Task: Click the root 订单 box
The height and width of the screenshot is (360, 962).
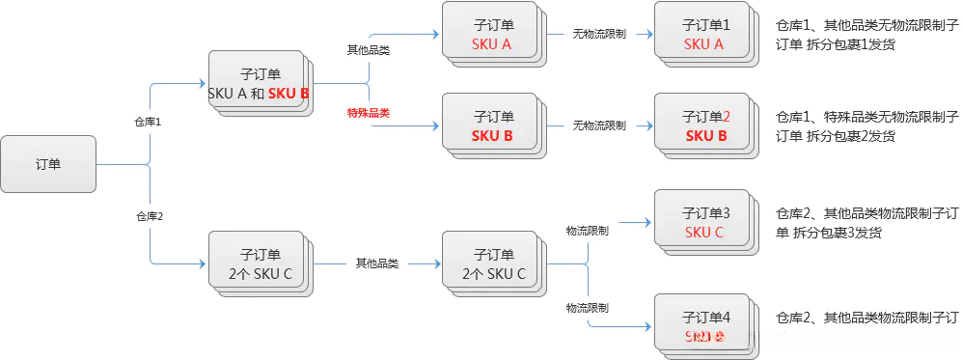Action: click(47, 163)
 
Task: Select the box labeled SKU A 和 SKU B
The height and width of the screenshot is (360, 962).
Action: click(258, 82)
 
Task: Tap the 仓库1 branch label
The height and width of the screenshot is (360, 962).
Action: click(148, 123)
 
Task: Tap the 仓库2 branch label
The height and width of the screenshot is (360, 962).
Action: click(149, 215)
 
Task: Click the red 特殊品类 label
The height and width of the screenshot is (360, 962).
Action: click(369, 113)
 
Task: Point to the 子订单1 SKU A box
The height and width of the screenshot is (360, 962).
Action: click(703, 34)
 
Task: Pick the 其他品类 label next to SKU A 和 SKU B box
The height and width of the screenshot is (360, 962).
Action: click(368, 49)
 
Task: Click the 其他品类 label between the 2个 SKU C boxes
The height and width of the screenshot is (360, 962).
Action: click(376, 263)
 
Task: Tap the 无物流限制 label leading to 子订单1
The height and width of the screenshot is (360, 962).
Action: click(599, 34)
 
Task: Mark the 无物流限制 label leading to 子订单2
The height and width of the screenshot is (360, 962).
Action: click(599, 125)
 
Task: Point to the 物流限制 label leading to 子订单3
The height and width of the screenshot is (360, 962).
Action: click(587, 231)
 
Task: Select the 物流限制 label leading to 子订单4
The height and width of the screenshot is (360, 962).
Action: click(587, 308)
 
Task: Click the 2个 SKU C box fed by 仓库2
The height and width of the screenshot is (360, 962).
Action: click(259, 263)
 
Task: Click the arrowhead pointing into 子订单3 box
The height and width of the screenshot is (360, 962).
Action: click(649, 221)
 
